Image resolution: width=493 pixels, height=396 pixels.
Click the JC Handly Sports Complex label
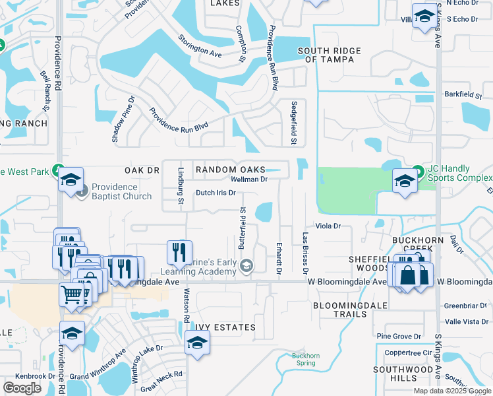click(x=459, y=174)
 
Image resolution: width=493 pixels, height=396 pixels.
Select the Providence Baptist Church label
click(x=121, y=191)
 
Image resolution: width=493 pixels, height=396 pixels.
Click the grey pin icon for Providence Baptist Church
click(x=81, y=191)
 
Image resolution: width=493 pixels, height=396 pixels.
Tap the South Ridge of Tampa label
click(x=329, y=55)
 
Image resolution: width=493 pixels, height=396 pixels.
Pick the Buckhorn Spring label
click(x=306, y=360)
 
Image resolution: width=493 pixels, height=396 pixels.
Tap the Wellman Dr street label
click(x=248, y=179)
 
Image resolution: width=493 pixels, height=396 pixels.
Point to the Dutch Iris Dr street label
click(x=216, y=193)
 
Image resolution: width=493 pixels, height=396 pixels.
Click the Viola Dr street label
click(x=328, y=226)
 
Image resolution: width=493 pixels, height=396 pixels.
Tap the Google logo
click(x=22, y=388)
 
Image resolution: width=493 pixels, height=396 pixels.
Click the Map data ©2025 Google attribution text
click(x=451, y=391)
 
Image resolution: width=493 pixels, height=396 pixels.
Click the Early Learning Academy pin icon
click(x=246, y=266)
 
